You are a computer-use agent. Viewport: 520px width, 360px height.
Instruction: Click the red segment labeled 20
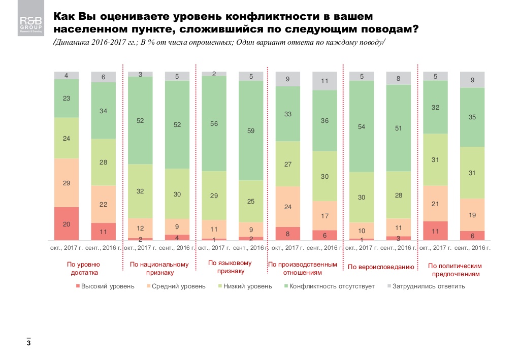click(x=67, y=223)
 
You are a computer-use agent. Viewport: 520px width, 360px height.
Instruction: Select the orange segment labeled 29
click(x=67, y=183)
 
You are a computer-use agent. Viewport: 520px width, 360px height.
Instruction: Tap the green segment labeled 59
click(x=251, y=130)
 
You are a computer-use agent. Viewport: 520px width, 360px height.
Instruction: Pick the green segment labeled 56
click(x=214, y=123)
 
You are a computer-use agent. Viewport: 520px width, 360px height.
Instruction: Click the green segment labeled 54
click(x=362, y=126)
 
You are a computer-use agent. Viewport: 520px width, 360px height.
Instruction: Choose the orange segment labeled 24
click(x=288, y=207)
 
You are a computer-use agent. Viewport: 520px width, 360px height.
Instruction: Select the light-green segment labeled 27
click(x=288, y=164)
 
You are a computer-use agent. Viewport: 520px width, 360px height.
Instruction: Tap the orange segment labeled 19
click(x=472, y=215)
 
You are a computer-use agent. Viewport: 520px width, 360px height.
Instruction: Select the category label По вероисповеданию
click(x=380, y=267)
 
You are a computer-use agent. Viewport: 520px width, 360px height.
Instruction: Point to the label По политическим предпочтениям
click(x=454, y=270)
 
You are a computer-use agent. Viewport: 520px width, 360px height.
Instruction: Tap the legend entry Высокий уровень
click(x=105, y=286)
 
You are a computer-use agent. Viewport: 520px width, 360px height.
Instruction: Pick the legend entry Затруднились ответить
click(x=425, y=286)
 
